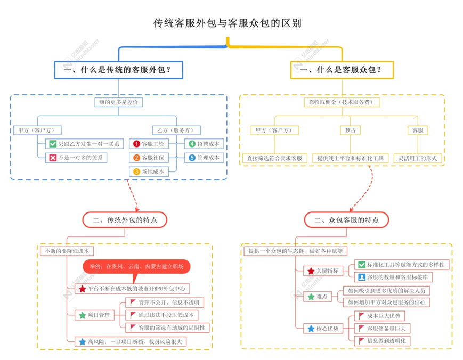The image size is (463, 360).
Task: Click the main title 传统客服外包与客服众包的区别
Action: pos(228,23)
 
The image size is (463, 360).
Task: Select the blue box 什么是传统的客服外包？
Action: pos(119,70)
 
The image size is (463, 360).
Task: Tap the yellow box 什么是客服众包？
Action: pos(342,70)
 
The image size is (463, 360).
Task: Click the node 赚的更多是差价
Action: pos(119,102)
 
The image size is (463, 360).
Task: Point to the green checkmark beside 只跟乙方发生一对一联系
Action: pos(53,144)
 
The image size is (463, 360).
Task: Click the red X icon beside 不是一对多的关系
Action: pos(53,158)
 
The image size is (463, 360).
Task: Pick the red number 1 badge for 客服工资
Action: pos(136,144)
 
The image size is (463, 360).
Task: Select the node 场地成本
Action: pos(149,171)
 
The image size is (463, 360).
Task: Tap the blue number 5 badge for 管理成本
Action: pos(192,158)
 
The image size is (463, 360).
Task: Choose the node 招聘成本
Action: pos(204,144)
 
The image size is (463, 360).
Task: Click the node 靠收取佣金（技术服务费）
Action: pos(342,102)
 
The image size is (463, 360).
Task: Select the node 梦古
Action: pos(351,130)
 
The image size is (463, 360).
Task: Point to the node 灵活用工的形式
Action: pos(418,158)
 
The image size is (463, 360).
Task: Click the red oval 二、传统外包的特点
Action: pos(125,220)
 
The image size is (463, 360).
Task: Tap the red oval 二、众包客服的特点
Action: pos(346,220)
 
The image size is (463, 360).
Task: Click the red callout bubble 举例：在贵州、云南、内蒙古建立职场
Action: pos(136,266)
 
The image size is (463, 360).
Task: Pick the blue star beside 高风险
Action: pos(83,342)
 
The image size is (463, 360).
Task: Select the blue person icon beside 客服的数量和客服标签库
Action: pos(362,277)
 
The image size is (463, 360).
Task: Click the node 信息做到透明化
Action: pos(382,341)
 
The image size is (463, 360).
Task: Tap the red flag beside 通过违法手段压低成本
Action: pos(133,315)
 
